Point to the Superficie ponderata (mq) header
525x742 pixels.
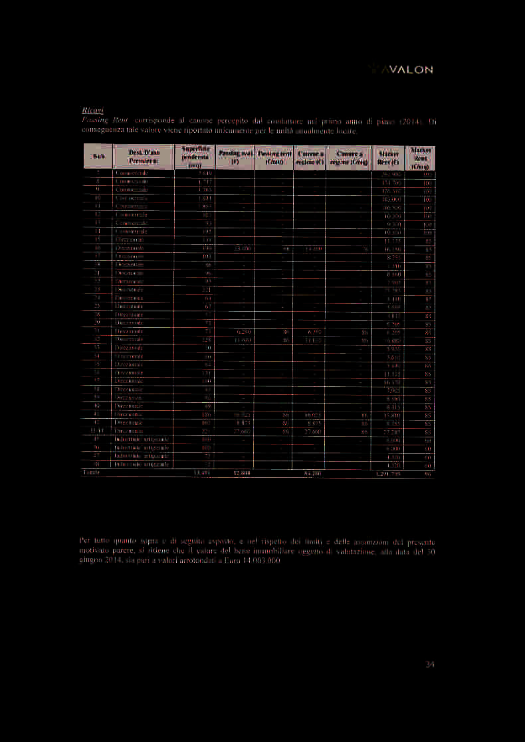pos(193,157)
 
